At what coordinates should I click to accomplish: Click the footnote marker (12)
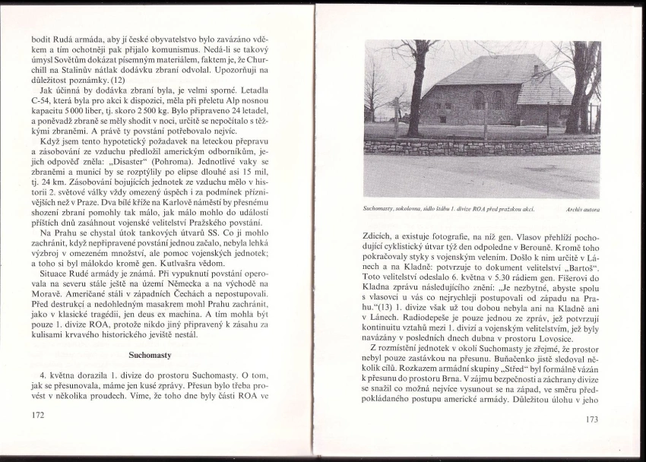point(117,80)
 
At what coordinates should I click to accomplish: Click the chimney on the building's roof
point(537,69)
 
